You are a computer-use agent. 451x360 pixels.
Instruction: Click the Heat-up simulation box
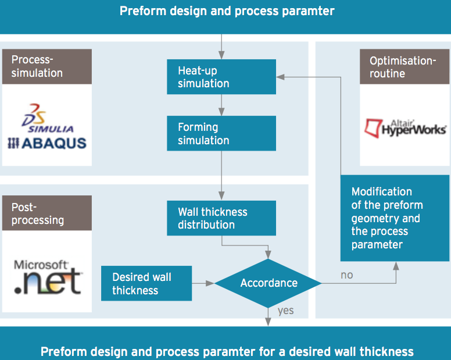(221, 77)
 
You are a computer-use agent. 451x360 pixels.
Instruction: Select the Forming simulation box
(221, 134)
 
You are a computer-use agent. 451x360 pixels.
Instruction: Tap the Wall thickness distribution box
(221, 218)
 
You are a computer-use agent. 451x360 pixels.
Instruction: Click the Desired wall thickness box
(146, 283)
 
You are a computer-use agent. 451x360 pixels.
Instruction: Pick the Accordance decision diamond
(269, 283)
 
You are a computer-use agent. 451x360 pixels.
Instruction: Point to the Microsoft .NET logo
(46, 277)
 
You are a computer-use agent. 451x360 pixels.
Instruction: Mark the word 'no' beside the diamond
(346, 275)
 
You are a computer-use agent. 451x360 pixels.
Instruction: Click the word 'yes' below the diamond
(285, 311)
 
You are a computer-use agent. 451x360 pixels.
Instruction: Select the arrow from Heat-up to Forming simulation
(221, 105)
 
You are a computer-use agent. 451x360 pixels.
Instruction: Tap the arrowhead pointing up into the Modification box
(396, 265)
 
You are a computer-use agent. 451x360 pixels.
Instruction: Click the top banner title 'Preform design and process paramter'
(227, 11)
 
